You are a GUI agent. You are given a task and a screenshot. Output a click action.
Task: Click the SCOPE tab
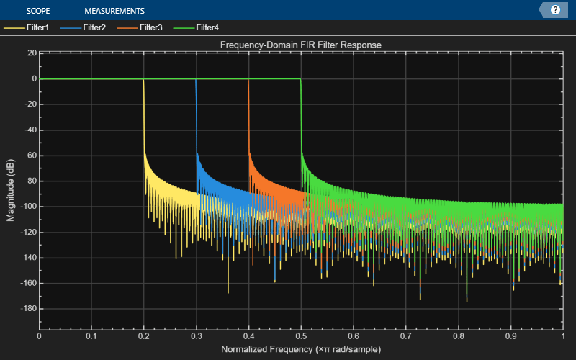pyautogui.click(x=38, y=11)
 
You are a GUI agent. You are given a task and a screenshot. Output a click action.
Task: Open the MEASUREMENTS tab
pyautogui.click(x=114, y=11)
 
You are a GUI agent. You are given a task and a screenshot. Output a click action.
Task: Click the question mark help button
pyautogui.click(x=555, y=10)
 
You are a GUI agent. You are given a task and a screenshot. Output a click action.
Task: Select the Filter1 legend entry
pyautogui.click(x=27, y=27)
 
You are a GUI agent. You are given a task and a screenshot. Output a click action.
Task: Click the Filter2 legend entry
pyautogui.click(x=83, y=27)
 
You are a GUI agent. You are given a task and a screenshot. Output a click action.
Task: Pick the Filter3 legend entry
pyautogui.click(x=140, y=27)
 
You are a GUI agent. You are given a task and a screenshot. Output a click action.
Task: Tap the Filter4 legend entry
pyautogui.click(x=196, y=27)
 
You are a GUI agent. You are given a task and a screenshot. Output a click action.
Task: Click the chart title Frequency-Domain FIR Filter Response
pyautogui.click(x=301, y=45)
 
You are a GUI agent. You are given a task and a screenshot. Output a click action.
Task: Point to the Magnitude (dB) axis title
pyautogui.click(x=10, y=190)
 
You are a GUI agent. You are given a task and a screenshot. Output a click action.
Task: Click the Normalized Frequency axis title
pyautogui.click(x=301, y=349)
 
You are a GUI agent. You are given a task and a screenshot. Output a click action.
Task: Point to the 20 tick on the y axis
pyautogui.click(x=32, y=53)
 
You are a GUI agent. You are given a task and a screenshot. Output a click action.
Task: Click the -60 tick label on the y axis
pyautogui.click(x=31, y=156)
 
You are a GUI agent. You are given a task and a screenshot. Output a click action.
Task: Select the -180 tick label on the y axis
pyautogui.click(x=29, y=309)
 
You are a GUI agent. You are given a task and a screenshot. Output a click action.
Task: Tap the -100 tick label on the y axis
pyautogui.click(x=29, y=207)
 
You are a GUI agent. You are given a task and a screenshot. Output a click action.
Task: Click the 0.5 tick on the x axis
pyautogui.click(x=301, y=336)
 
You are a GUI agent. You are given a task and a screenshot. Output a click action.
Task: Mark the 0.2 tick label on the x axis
pyautogui.click(x=144, y=336)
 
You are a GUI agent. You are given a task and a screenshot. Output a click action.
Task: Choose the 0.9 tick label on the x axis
pyautogui.click(x=510, y=336)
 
